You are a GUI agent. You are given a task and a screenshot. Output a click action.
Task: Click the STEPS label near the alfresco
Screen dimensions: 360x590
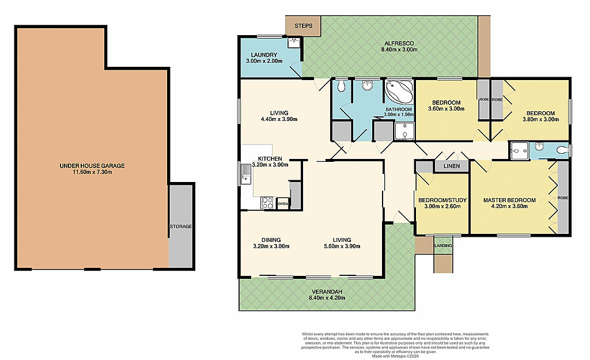(303, 26)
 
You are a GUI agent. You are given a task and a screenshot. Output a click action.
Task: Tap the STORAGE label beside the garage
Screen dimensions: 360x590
(181, 226)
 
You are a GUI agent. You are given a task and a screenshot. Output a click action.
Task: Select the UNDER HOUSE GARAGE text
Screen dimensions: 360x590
(92, 166)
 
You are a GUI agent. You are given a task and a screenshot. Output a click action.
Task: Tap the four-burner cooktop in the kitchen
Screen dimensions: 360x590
(268, 203)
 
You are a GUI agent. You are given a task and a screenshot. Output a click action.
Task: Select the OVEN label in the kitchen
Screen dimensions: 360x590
(283, 203)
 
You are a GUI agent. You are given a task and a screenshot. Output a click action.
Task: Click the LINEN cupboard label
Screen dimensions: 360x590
(451, 166)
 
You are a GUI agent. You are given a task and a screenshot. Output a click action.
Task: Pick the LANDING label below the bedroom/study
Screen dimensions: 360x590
(443, 246)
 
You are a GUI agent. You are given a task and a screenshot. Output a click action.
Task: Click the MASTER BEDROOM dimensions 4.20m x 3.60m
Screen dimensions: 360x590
(509, 207)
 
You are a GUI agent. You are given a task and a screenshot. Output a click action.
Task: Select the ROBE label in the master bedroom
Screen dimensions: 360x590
(562, 198)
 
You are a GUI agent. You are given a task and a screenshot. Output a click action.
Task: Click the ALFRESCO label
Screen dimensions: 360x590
(399, 43)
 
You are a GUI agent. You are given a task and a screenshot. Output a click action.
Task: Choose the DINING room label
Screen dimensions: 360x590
(270, 240)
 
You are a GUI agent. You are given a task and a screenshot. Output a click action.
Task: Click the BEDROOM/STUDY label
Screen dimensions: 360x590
(442, 200)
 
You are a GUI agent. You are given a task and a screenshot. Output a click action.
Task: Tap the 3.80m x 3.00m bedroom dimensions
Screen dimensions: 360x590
(540, 120)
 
